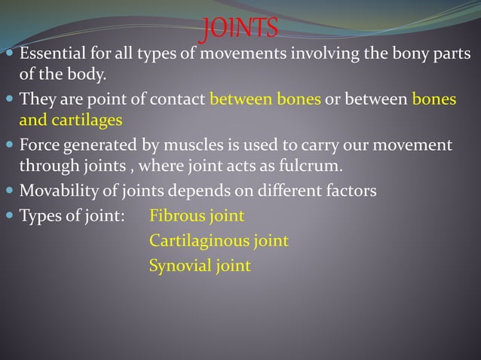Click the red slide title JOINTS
coord(240,29)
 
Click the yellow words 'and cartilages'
coord(70,120)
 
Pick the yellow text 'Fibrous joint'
coord(197,216)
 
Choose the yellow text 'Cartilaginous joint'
coord(219,241)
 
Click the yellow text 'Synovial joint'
coord(200,266)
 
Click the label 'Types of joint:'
coord(72,216)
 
